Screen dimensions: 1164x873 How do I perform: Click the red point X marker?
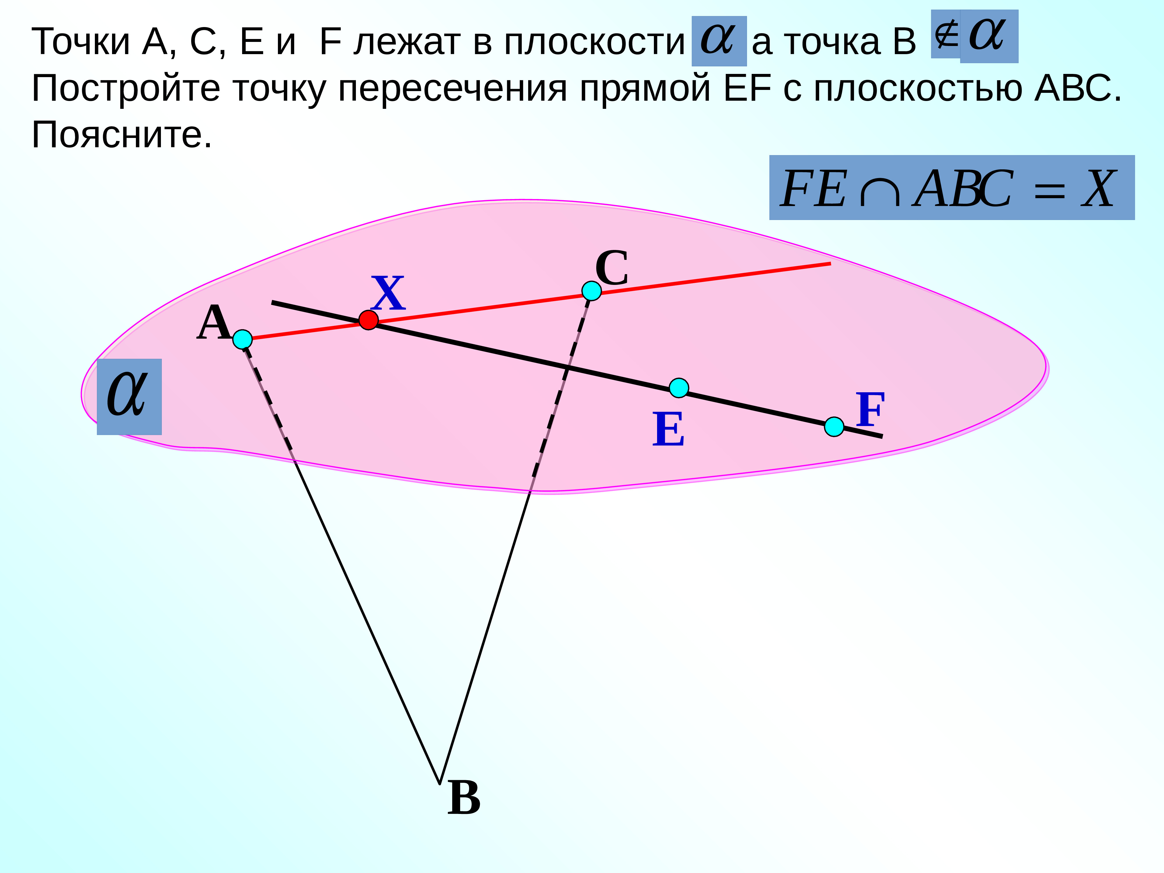tap(368, 320)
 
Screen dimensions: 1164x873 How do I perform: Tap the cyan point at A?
tap(242, 339)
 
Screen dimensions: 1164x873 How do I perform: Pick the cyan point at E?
tap(679, 388)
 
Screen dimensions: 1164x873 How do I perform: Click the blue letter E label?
tap(668, 429)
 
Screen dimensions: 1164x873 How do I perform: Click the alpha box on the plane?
tap(129, 396)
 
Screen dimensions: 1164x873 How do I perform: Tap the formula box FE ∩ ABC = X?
tap(951, 188)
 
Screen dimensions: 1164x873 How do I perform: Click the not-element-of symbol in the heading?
tap(946, 35)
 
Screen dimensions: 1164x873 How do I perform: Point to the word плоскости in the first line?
tap(594, 42)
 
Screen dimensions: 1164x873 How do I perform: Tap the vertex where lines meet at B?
tap(439, 784)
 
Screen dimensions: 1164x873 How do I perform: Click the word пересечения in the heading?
tap(453, 88)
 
